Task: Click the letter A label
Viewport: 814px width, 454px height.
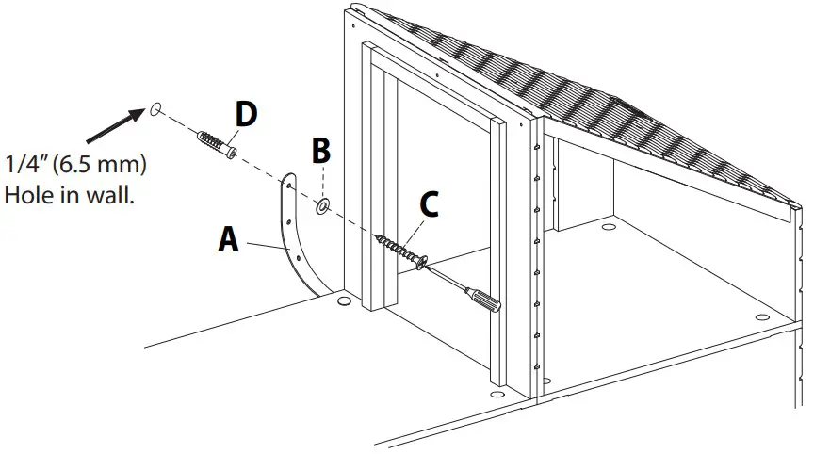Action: coord(227,239)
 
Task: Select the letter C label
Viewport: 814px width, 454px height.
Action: coord(428,204)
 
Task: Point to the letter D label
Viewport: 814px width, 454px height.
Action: coord(246,115)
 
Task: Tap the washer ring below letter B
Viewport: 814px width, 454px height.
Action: coord(323,203)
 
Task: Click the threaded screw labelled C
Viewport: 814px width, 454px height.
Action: coord(397,250)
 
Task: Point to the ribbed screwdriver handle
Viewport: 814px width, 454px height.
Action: coord(486,300)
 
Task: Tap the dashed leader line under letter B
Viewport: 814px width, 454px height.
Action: coord(322,184)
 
